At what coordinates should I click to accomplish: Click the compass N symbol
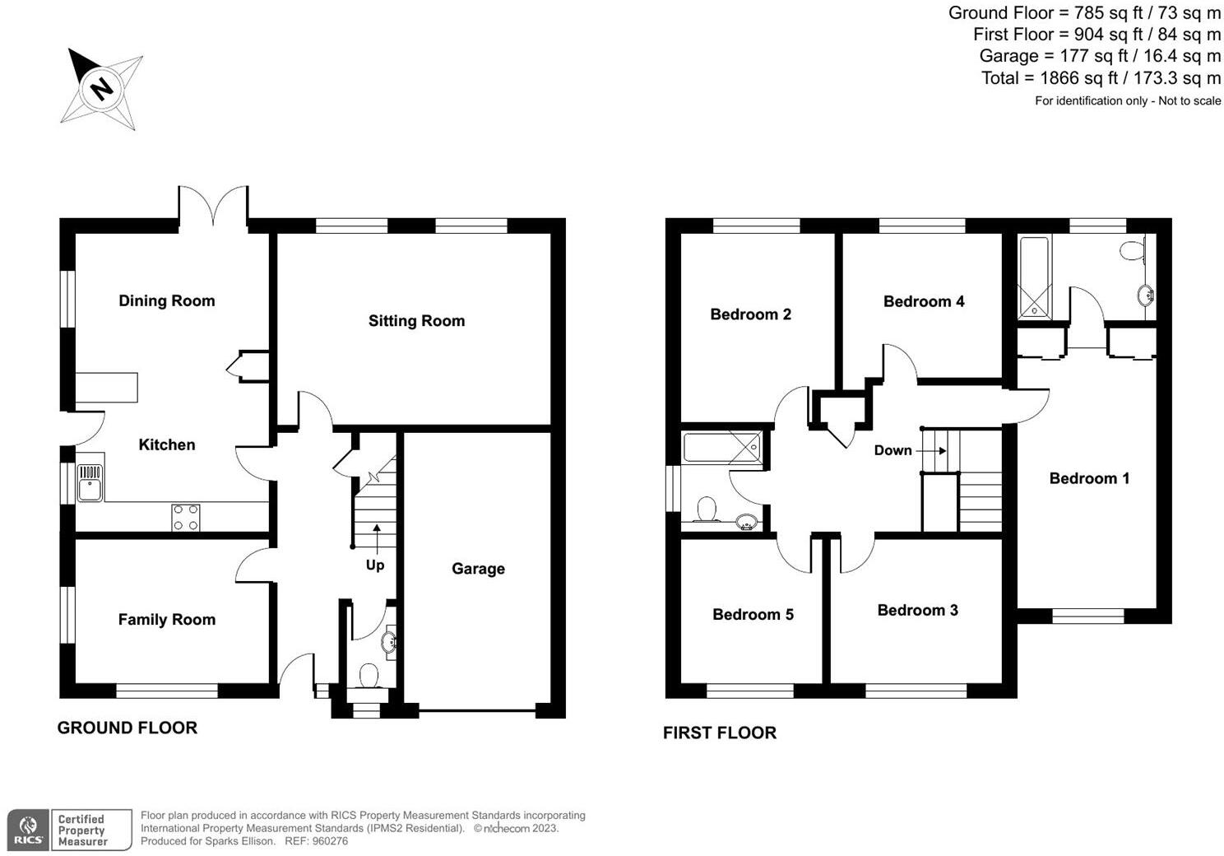point(102,88)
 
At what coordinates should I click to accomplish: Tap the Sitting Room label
point(416,321)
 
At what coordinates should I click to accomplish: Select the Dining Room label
point(167,301)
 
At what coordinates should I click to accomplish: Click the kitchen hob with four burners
point(186,517)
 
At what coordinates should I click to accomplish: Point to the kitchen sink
point(89,483)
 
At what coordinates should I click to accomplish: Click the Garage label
point(478,569)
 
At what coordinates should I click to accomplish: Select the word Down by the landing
point(892,450)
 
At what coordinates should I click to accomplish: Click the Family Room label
point(167,620)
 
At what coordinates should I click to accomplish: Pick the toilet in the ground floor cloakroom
point(369,675)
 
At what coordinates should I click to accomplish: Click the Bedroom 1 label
point(1089,478)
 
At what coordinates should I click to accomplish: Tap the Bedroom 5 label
point(753,615)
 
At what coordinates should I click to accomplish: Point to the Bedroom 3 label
point(917,610)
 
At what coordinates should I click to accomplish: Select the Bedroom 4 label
point(924,301)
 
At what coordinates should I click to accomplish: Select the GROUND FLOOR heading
point(128,728)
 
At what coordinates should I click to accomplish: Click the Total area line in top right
point(1101,78)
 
